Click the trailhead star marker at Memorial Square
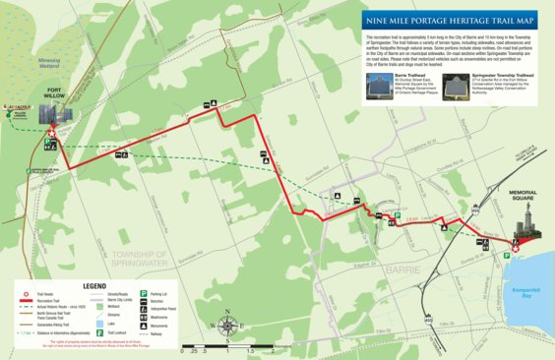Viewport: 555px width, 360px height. coord(515,249)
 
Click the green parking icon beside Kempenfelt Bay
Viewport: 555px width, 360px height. coord(506,256)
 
